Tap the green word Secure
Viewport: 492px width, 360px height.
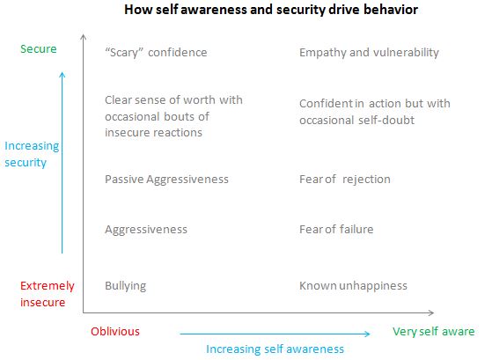(x=38, y=49)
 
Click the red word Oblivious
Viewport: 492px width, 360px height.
(x=115, y=332)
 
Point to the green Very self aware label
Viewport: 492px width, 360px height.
(x=434, y=332)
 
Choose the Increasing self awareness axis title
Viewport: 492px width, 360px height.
(x=275, y=349)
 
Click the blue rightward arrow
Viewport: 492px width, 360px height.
(x=275, y=333)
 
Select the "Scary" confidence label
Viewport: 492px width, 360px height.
(x=156, y=53)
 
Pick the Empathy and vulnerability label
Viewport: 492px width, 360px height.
(x=369, y=53)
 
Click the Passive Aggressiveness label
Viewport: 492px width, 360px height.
(x=166, y=180)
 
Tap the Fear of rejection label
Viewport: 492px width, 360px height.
(x=345, y=180)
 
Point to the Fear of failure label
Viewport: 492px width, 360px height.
(x=336, y=230)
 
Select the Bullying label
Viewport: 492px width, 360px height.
(x=125, y=286)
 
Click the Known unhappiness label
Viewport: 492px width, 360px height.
(x=353, y=286)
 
